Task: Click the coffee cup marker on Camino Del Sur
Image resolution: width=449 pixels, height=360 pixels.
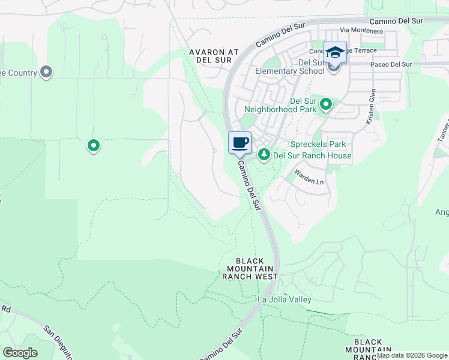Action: (240, 143)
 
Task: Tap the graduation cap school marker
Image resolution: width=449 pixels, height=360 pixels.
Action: (335, 52)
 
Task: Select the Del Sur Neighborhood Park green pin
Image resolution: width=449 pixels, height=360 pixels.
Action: (326, 105)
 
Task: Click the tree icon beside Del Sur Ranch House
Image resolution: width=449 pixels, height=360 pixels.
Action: (264, 155)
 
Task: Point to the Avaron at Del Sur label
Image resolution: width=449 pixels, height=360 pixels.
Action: (214, 56)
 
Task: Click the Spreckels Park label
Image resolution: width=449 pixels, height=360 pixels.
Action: (318, 145)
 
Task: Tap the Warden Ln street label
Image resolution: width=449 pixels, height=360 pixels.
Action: (310, 176)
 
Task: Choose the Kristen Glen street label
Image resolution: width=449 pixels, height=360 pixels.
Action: (372, 106)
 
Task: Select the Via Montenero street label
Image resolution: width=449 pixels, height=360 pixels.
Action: (361, 30)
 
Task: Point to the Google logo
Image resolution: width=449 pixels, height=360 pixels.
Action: (20, 353)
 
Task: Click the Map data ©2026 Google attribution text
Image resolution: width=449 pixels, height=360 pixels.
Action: (412, 355)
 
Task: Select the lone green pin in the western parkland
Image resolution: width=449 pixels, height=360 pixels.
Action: (94, 145)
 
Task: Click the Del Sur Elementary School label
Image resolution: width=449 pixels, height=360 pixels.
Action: (289, 67)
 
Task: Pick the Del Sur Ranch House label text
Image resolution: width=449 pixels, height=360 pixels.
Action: (312, 155)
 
